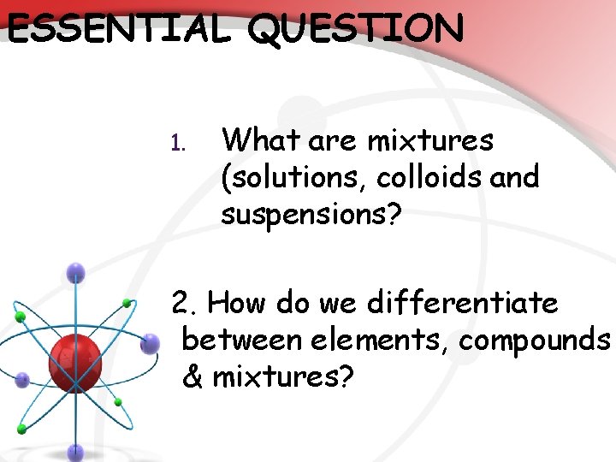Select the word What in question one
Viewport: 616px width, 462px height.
pyautogui.click(x=258, y=139)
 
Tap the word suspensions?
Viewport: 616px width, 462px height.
pyautogui.click(x=311, y=216)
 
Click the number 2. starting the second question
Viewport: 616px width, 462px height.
pyautogui.click(x=186, y=303)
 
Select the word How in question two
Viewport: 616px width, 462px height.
pyautogui.click(x=235, y=303)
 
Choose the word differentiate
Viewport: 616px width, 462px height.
pyautogui.click(x=463, y=303)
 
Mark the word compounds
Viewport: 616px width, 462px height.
pyautogui.click(x=535, y=341)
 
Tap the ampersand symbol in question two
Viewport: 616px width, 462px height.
pyautogui.click(x=193, y=376)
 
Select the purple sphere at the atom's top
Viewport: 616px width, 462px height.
pyautogui.click(x=76, y=273)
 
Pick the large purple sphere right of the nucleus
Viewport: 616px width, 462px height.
pyautogui.click(x=150, y=344)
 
